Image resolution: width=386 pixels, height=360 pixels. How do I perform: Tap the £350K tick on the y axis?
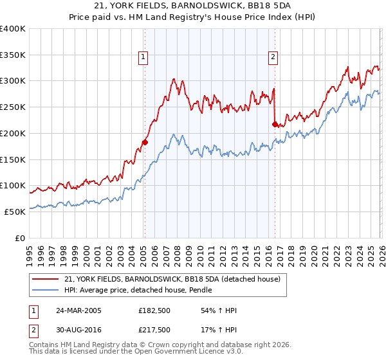(x=12, y=55)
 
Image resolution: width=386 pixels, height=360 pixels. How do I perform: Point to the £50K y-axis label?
(x=14, y=212)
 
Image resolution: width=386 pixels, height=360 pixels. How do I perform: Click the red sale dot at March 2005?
(x=145, y=142)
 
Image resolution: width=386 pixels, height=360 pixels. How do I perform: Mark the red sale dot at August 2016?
(x=275, y=124)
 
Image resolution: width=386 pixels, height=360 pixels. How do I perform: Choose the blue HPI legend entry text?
(x=138, y=291)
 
